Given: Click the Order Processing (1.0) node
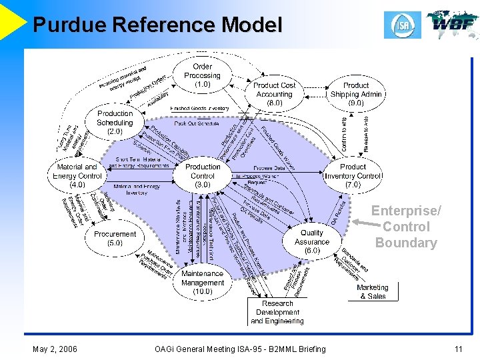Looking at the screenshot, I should coord(202,75).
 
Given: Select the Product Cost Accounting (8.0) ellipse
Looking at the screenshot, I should coord(274,95).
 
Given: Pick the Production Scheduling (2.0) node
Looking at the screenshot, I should coord(115,123).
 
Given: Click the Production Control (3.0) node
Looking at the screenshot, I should coord(203,175).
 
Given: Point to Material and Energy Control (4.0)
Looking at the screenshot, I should coord(77,175).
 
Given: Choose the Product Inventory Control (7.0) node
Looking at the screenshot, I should coord(353,175).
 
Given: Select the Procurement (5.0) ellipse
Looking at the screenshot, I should coord(115,239).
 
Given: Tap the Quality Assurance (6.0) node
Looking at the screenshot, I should coord(311,241).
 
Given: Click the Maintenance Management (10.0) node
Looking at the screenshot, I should coord(203,282).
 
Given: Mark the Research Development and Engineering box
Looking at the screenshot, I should coord(277,312).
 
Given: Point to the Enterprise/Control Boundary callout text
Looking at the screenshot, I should coord(405,227).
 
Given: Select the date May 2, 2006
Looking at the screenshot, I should coord(54,349).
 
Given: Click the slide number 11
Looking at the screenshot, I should coord(458,349).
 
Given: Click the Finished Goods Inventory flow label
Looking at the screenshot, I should coord(199,108).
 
